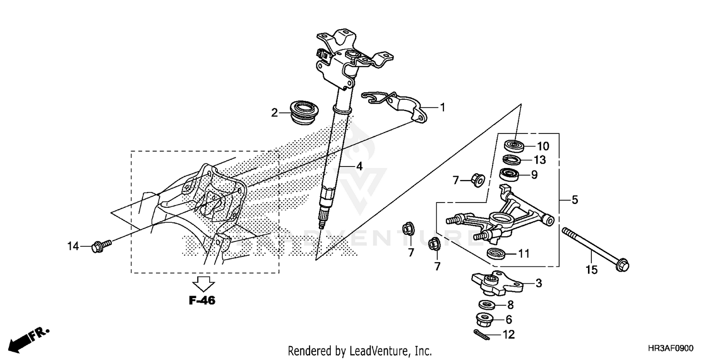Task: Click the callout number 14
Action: click(x=72, y=247)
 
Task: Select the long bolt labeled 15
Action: click(x=595, y=248)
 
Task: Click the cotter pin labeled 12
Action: click(x=481, y=335)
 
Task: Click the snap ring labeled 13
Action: click(x=512, y=160)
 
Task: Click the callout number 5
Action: click(x=575, y=200)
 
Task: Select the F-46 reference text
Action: click(x=202, y=301)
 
